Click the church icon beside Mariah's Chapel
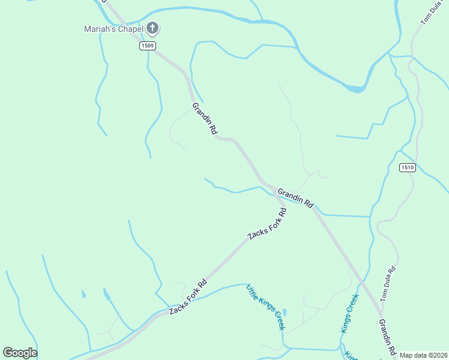(153, 28)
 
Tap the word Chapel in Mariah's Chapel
(131, 28)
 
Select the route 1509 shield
(148, 46)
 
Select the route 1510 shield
(407, 168)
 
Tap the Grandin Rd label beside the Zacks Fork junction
(295, 197)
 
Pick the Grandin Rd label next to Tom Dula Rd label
(387, 336)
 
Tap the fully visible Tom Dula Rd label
(389, 281)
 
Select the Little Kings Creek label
(265, 307)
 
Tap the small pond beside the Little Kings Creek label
(284, 313)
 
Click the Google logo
(20, 353)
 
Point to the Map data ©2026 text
(423, 355)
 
